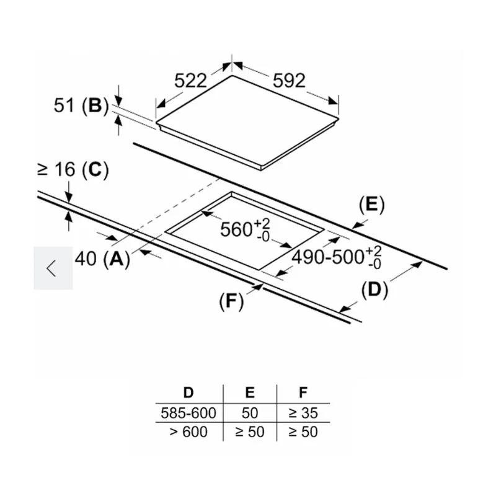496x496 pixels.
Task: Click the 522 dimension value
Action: [191, 81]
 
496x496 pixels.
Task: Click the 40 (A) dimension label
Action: [102, 260]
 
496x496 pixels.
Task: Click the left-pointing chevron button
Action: [53, 268]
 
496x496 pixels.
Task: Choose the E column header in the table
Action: [249, 393]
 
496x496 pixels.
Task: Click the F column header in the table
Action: [303, 393]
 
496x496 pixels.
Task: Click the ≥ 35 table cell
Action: [303, 412]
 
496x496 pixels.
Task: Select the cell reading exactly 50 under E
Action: [249, 412]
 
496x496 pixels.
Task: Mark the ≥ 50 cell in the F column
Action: [303, 432]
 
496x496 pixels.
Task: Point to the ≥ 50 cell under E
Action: [249, 432]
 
